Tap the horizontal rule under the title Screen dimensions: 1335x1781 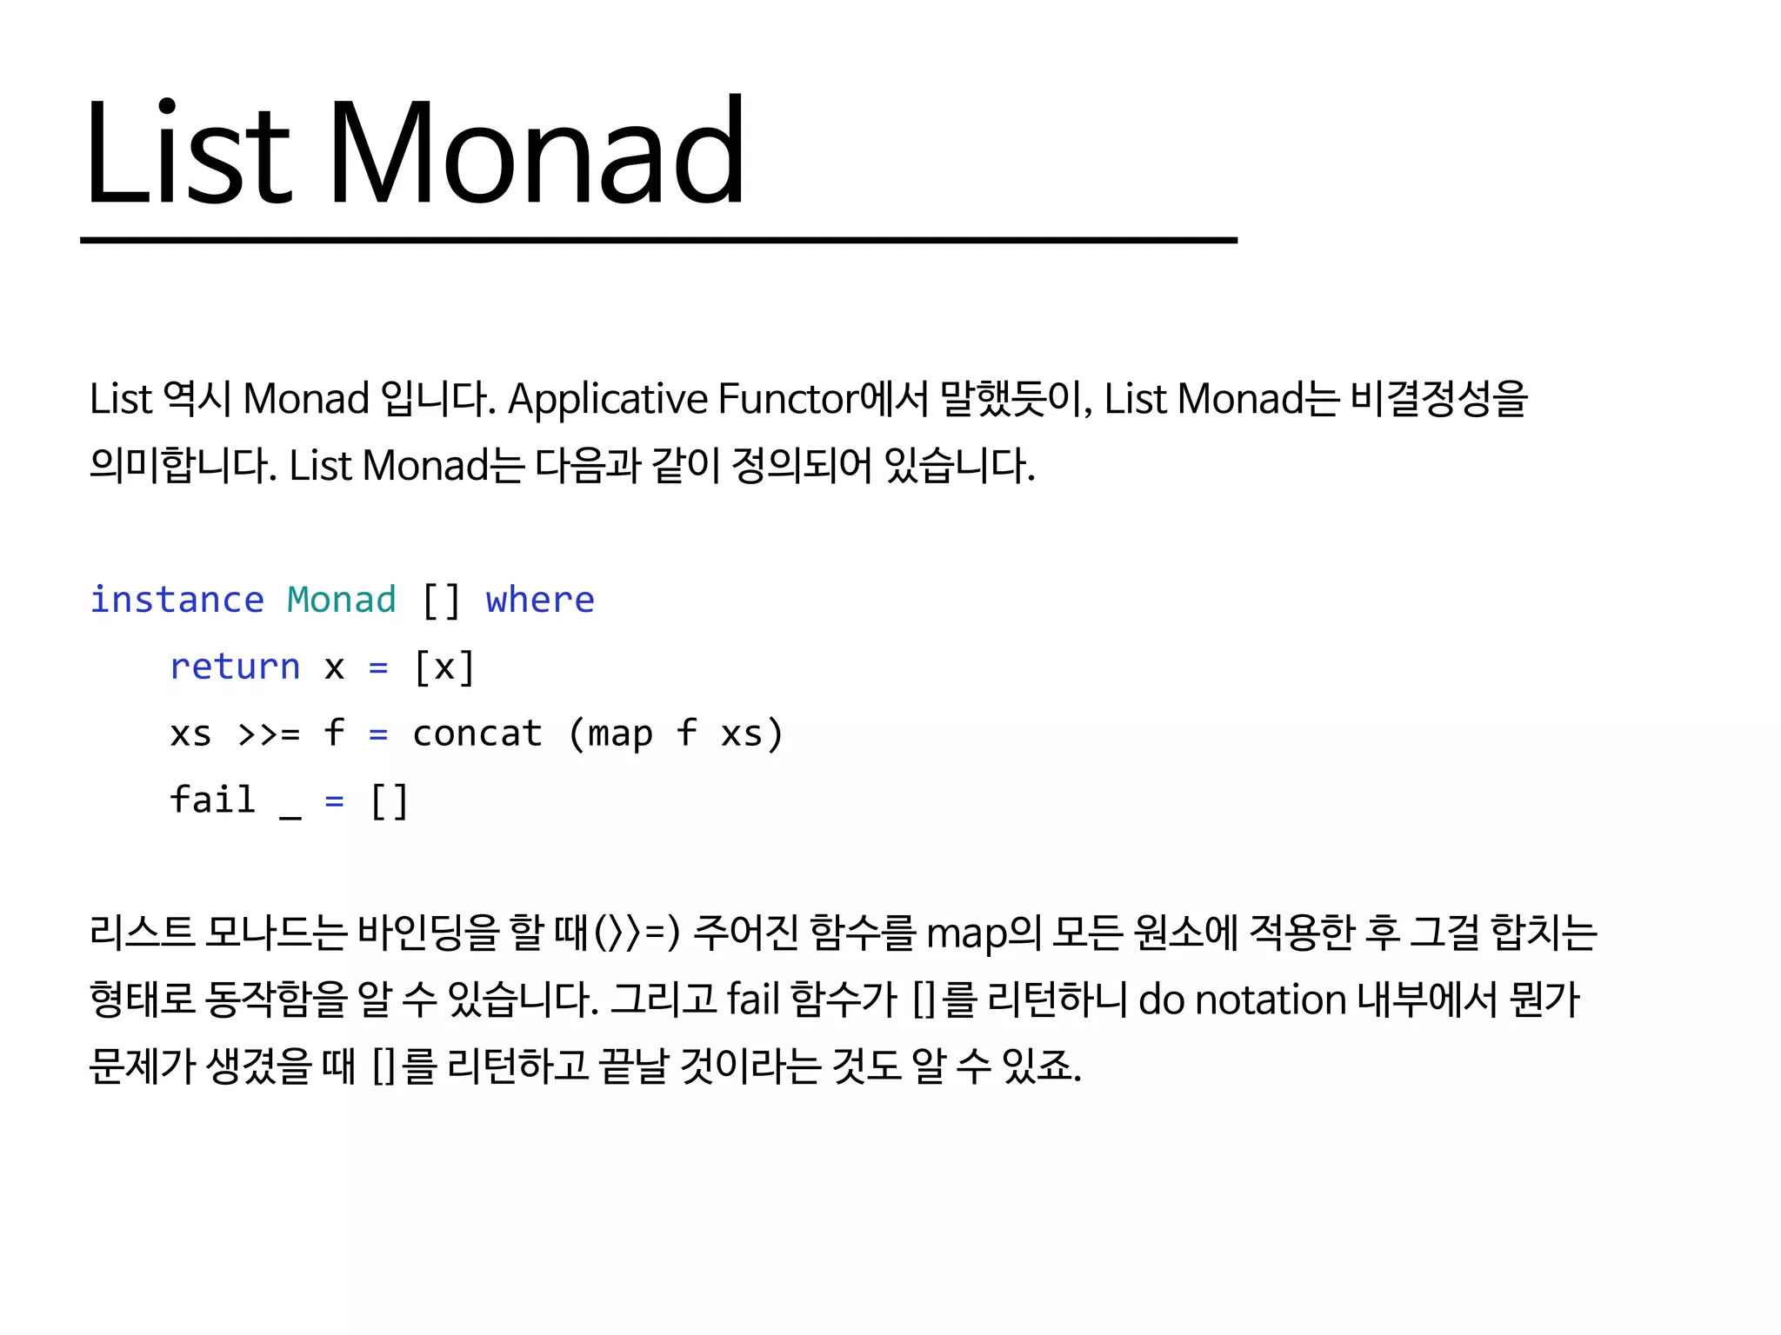[658, 240]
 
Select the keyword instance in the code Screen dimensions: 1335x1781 [177, 601]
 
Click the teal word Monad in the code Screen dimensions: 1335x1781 [342, 601]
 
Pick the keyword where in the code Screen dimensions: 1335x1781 [540, 601]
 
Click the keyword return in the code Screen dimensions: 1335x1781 [235, 667]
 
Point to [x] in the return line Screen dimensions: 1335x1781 [444, 667]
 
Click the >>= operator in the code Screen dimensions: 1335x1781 [269, 734]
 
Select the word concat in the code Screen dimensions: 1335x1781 [477, 734]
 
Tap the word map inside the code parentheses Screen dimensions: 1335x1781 [620, 734]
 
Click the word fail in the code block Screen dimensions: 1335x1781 [213, 800]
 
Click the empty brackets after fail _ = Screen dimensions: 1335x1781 [390, 800]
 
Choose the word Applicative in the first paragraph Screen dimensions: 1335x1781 [608, 400]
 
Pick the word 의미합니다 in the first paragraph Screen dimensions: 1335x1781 [183, 467]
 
